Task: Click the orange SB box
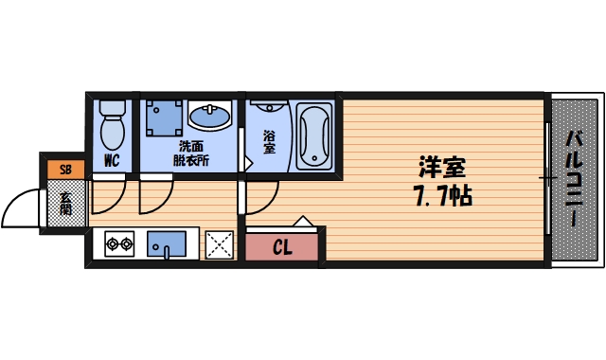pyautogui.click(x=65, y=170)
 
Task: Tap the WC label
pyautogui.click(x=112, y=161)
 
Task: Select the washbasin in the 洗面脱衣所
pyautogui.click(x=209, y=118)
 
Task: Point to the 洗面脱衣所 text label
pyautogui.click(x=190, y=153)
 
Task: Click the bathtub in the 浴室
pyautogui.click(x=312, y=136)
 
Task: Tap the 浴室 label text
pyautogui.click(x=269, y=142)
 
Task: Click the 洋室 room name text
pyautogui.click(x=442, y=169)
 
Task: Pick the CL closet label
pyautogui.click(x=283, y=249)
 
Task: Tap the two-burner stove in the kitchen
pyautogui.click(x=119, y=244)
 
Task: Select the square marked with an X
pyautogui.click(x=220, y=244)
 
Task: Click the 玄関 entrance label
pyautogui.click(x=65, y=205)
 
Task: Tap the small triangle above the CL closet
pyautogui.click(x=302, y=224)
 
